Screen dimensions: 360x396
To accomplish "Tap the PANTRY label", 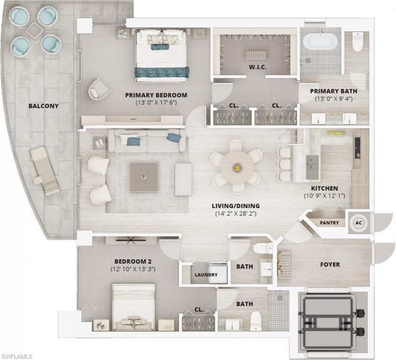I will click(329, 223).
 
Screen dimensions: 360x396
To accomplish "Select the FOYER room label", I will click(330, 265).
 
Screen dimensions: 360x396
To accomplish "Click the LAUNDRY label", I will click(206, 275).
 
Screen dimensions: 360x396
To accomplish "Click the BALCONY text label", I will click(44, 106).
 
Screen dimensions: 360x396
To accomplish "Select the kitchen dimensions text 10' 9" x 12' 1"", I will click(324, 196).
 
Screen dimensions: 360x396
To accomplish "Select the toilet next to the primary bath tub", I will click(357, 43).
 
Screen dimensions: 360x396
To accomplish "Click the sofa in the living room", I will click(148, 141).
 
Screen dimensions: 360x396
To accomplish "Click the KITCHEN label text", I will click(324, 188).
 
